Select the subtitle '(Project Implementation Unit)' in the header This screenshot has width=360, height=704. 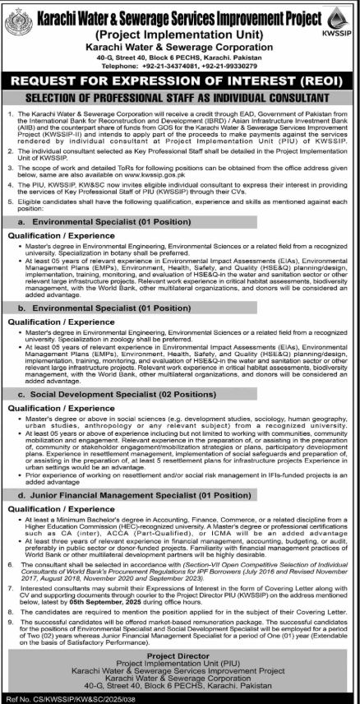(x=180, y=35)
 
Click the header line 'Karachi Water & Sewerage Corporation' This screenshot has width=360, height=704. (x=180, y=49)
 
